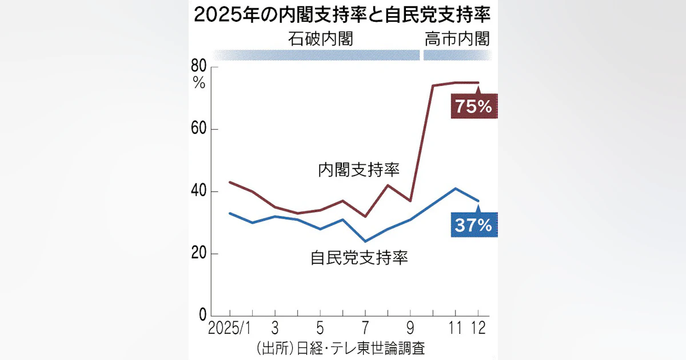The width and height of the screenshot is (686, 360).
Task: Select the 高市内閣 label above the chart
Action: [x=457, y=39]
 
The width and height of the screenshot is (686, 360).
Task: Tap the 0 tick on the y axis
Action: [x=202, y=315]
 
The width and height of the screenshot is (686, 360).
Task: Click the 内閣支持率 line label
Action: [x=358, y=170]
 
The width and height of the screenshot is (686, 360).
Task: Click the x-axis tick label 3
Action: [x=274, y=329]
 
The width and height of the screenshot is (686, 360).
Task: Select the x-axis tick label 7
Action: [x=365, y=329]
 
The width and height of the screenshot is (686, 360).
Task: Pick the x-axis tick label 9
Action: [x=410, y=329]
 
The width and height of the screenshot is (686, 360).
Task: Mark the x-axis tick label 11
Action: [x=455, y=329]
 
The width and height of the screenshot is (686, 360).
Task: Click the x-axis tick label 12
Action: [x=478, y=329]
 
